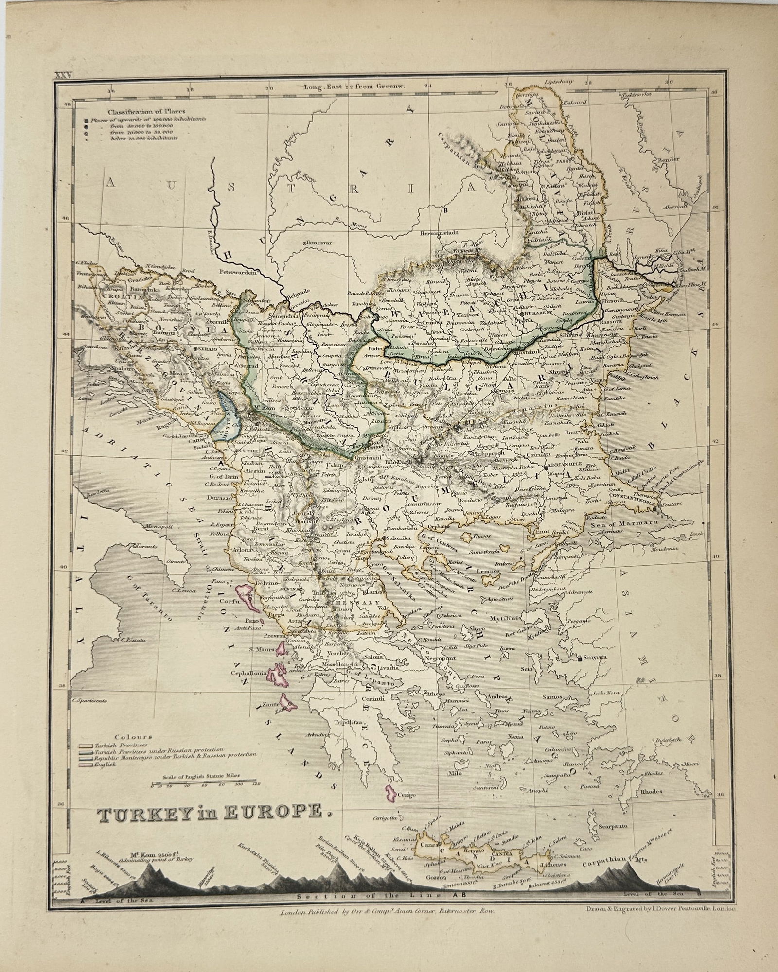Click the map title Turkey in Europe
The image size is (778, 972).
point(210,812)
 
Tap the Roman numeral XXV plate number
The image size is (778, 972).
point(63,75)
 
